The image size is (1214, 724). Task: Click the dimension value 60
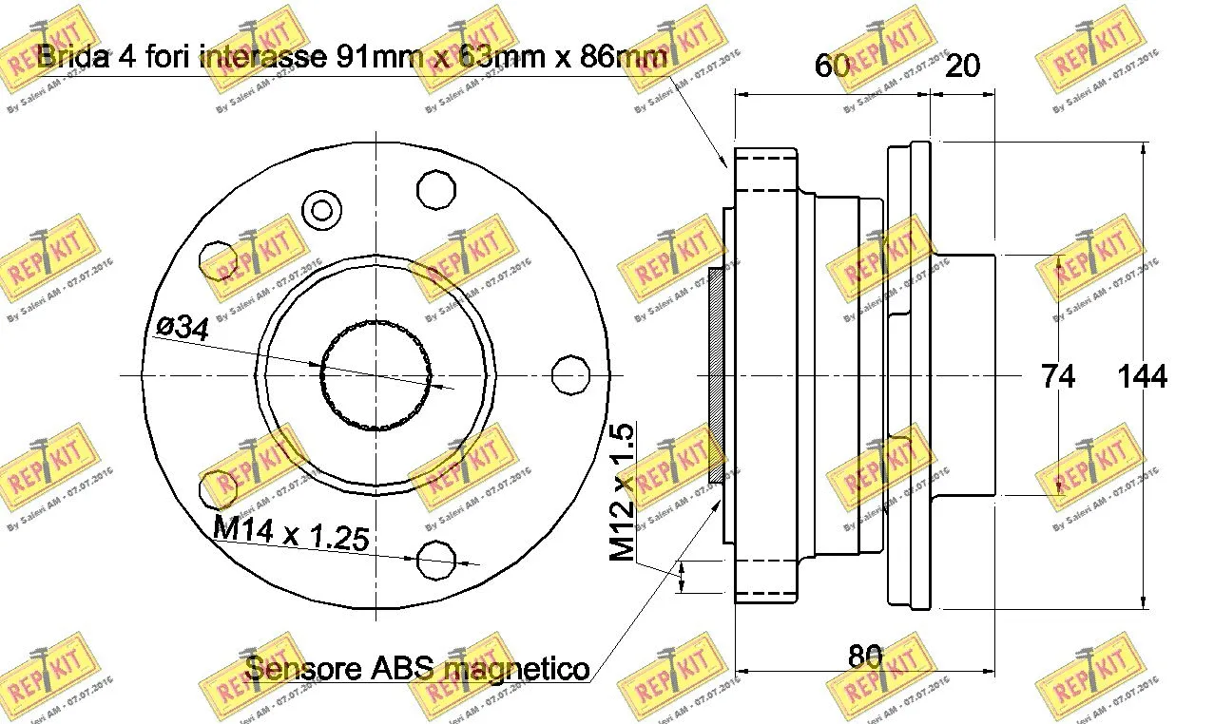[x=832, y=66]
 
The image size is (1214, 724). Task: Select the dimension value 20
[x=962, y=66]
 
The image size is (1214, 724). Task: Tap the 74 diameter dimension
[x=1057, y=377]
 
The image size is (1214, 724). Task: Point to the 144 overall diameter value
[x=1142, y=377]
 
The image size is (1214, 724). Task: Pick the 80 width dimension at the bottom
[x=865, y=657]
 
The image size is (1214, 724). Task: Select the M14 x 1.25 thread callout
[x=290, y=534]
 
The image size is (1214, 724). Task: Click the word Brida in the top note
[x=74, y=58]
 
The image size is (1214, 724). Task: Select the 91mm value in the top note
[x=385, y=58]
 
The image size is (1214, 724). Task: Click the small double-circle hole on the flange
[x=321, y=210]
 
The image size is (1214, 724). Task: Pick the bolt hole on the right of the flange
[x=571, y=375]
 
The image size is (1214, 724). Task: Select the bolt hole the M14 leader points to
[x=437, y=560]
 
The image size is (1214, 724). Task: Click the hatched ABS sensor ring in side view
[x=717, y=374]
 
